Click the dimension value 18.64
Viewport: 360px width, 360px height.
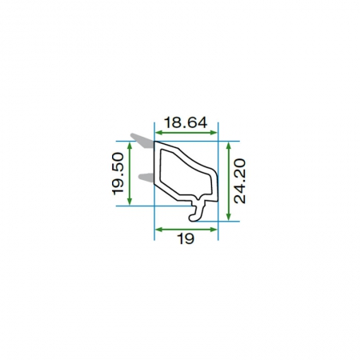pyautogui.click(x=186, y=122)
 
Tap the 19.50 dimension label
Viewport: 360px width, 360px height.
pyautogui.click(x=118, y=174)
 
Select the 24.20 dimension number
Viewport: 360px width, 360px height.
pyautogui.click(x=239, y=181)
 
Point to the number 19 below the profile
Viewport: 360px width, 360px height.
pyautogui.click(x=186, y=238)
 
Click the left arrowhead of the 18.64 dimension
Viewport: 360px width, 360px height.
pyautogui.click(x=158, y=132)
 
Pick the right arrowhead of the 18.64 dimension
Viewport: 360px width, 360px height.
pyautogui.click(x=214, y=132)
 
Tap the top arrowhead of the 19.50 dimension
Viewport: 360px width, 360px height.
pyautogui.click(x=130, y=145)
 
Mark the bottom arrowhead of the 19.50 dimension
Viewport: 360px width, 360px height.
pyautogui.click(x=130, y=202)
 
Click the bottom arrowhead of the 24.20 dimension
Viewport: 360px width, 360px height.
pyautogui.click(x=228, y=218)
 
